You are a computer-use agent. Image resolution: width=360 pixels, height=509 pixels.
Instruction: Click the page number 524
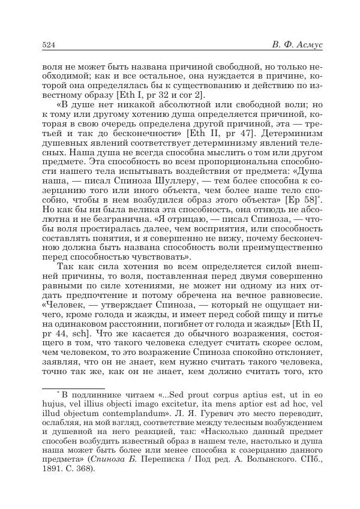click(49, 46)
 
